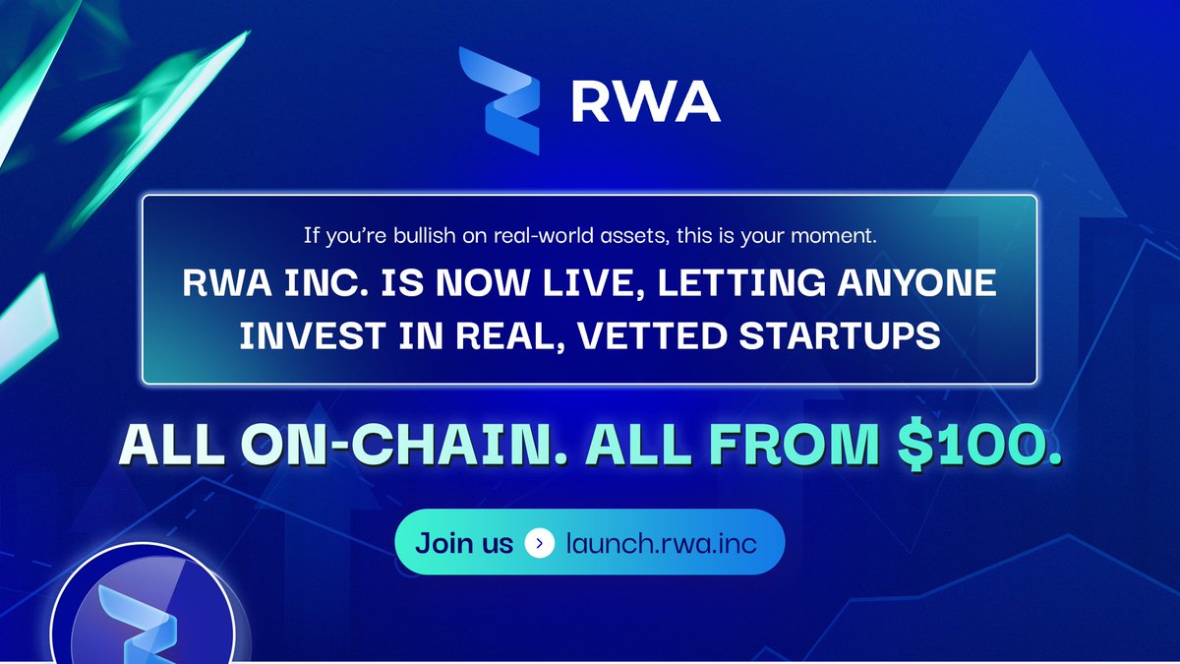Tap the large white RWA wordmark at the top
pyautogui.click(x=645, y=102)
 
